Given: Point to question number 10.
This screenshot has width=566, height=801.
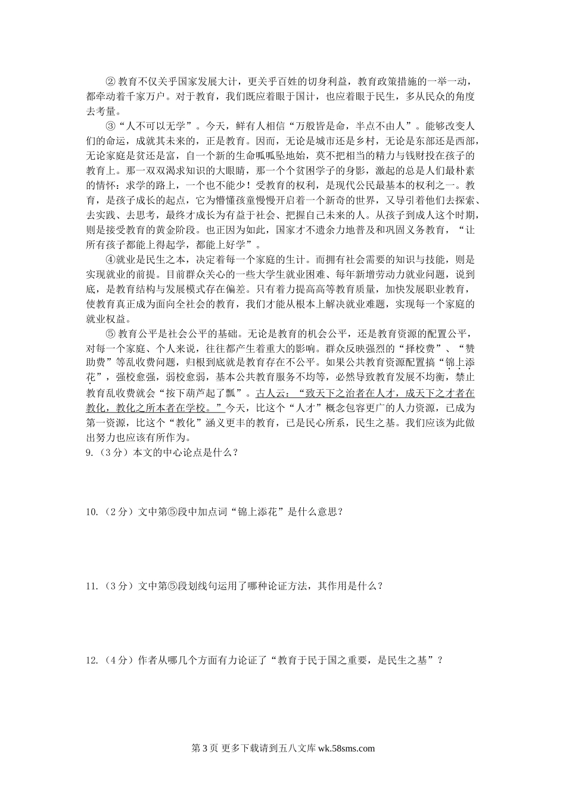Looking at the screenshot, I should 92,511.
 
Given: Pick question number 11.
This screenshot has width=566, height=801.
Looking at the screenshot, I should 92,586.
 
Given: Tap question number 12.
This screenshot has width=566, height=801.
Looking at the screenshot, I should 92,660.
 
